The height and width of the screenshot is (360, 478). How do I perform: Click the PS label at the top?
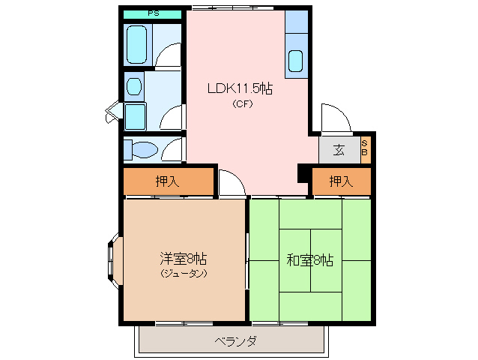pyautogui.click(x=153, y=13)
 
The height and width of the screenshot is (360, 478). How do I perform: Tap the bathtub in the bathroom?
pyautogui.click(x=138, y=44)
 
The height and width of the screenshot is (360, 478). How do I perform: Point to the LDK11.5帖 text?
pyautogui.click(x=240, y=88)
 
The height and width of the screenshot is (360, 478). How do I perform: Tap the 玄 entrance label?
pyautogui.click(x=339, y=150)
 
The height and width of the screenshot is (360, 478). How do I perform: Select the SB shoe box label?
pyautogui.click(x=365, y=148)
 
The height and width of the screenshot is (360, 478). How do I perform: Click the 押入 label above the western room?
pyautogui.click(x=167, y=181)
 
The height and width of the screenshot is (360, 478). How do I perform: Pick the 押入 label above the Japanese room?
pyautogui.click(x=341, y=181)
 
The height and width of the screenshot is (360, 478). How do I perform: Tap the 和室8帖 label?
pyautogui.click(x=309, y=261)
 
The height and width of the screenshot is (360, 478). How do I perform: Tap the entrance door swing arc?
pyautogui.click(x=333, y=117)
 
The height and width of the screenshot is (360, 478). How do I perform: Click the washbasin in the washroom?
pyautogui.click(x=134, y=86)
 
